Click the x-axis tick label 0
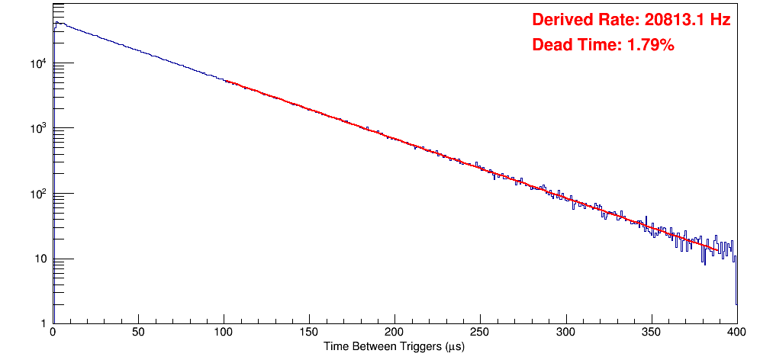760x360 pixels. pyautogui.click(x=52, y=333)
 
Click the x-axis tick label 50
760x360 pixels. pyautogui.click(x=138, y=333)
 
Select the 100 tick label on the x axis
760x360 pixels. pyautogui.click(x=224, y=333)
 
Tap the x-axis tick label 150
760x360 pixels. pyautogui.click(x=309, y=333)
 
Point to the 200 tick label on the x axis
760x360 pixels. pyautogui.click(x=394, y=333)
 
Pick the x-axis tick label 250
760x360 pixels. pyautogui.click(x=480, y=333)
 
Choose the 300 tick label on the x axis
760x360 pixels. pyautogui.click(x=565, y=333)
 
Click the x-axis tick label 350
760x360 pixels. pyautogui.click(x=651, y=333)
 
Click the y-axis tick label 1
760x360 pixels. pyautogui.click(x=44, y=324)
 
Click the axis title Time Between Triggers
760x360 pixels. pyautogui.click(x=394, y=346)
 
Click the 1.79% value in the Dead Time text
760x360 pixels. pyautogui.click(x=650, y=45)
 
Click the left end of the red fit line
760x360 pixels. pyautogui.click(x=225, y=81)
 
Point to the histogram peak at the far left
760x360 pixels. pyautogui.click(x=56, y=23)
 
